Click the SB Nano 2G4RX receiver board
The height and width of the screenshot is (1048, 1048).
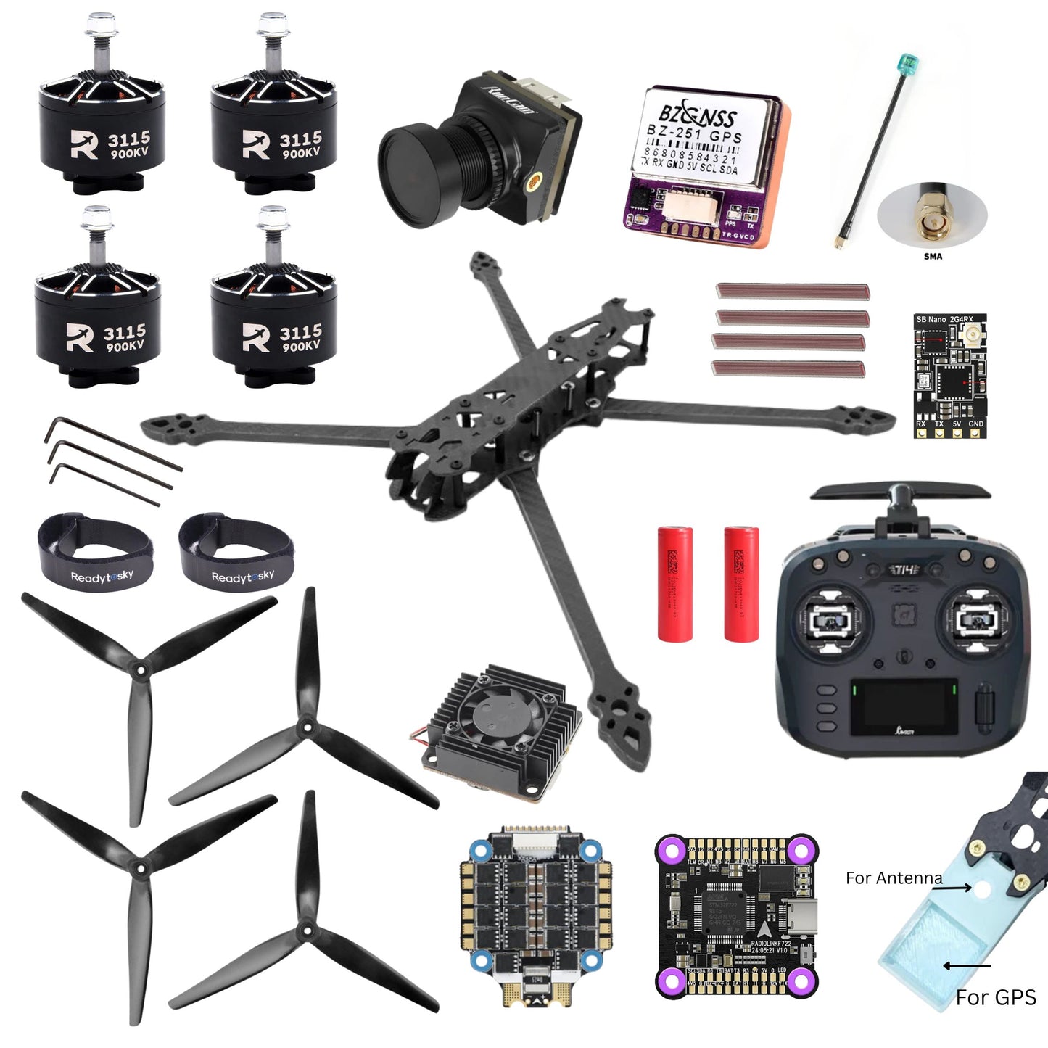pos(949,376)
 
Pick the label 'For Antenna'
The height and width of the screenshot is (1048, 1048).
pos(894,878)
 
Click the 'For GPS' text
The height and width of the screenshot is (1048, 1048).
pos(995,998)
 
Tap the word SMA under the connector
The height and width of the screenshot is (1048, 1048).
pos(933,256)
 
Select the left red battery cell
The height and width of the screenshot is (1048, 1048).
pos(675,583)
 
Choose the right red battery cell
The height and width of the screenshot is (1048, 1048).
pos(741,583)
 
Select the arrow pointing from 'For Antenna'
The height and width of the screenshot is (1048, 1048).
pos(957,887)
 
